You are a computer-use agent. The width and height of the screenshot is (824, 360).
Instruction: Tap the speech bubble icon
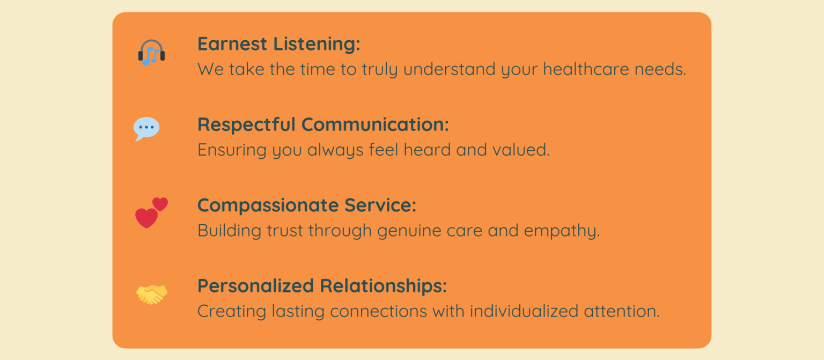(x=146, y=128)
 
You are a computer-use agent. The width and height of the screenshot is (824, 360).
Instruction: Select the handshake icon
(x=152, y=294)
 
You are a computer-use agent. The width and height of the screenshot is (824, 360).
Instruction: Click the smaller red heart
(x=160, y=204)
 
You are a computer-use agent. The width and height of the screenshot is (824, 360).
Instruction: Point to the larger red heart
(x=146, y=218)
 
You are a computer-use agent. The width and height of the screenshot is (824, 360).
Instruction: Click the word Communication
(x=375, y=124)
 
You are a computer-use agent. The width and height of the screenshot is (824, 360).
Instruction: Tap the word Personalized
(x=256, y=286)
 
